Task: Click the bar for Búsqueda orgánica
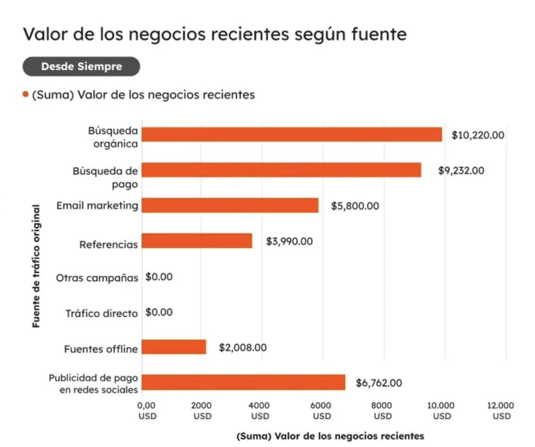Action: point(292,134)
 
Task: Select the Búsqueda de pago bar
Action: point(281,170)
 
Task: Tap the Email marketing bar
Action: point(230,205)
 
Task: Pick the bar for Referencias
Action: point(197,241)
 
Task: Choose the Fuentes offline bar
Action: point(174,347)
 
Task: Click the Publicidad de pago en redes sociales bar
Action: point(243,382)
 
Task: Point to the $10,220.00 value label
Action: point(477,135)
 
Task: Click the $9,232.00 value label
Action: point(460,170)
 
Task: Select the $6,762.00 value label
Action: point(379,383)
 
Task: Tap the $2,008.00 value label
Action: point(242,348)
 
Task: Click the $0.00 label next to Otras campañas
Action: point(159,277)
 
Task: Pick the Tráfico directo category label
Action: point(101,313)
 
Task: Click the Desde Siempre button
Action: point(81,66)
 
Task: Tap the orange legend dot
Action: point(25,94)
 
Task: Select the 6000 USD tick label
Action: point(322,411)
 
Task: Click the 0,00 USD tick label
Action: point(147,411)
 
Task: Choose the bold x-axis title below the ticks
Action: point(330,436)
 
